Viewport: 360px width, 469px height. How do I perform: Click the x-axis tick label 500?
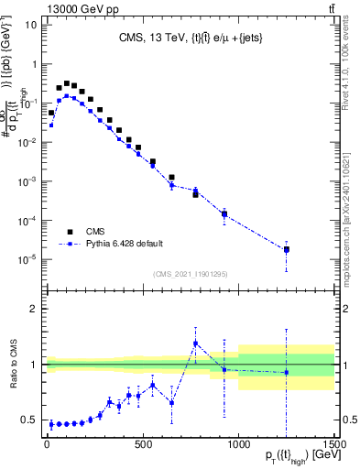143,444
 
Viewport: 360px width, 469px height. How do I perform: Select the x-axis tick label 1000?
238,444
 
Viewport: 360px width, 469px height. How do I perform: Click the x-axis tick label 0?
47,444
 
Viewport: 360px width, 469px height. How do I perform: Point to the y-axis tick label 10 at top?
31,25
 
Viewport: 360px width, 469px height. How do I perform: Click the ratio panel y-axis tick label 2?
34,309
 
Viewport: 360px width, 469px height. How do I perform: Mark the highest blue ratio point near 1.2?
195,344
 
